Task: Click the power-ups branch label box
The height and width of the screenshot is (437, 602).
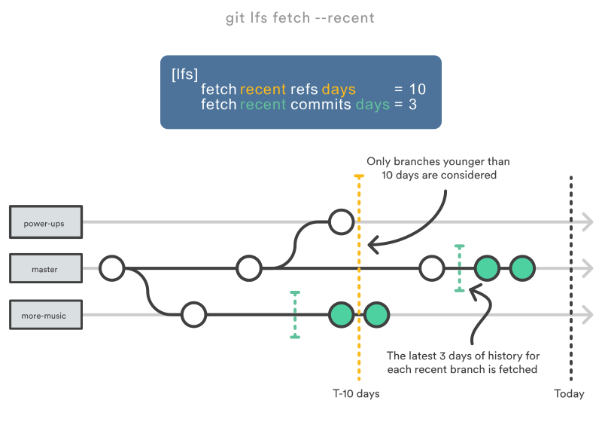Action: [44, 223]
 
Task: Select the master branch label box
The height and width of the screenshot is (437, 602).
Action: [44, 269]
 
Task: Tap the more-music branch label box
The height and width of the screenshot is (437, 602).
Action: [44, 315]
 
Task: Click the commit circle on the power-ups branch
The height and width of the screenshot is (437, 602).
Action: [342, 222]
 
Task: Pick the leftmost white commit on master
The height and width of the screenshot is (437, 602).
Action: [112, 267]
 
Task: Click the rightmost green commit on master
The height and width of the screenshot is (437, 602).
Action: [522, 267]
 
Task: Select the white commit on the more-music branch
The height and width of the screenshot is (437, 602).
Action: [193, 314]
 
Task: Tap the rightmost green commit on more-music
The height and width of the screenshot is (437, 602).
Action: [376, 314]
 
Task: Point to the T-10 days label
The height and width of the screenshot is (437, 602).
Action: [356, 394]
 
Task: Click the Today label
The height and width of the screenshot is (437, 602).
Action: [569, 394]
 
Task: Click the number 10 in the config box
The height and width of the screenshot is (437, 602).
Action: [417, 89]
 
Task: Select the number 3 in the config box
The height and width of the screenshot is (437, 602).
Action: [412, 105]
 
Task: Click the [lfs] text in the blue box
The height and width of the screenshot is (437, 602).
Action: [184, 74]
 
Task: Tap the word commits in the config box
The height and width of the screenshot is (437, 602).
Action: [321, 105]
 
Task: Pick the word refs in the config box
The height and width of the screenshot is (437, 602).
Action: [304, 89]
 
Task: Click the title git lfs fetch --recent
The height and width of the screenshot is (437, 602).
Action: [299, 18]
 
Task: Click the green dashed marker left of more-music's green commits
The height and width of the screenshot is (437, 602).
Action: [295, 315]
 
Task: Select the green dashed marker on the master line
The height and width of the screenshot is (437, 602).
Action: [459, 268]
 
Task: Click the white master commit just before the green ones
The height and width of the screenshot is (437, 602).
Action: [432, 267]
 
